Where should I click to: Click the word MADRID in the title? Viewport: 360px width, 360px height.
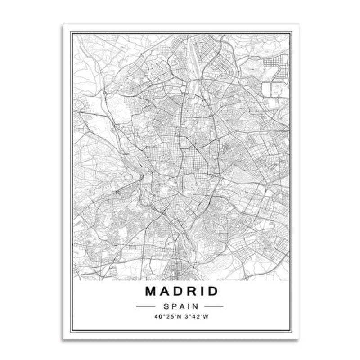click(181, 291)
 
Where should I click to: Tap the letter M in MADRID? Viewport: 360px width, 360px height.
click(152, 291)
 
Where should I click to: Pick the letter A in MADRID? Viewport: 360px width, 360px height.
click(166, 291)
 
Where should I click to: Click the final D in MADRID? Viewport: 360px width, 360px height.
click(212, 291)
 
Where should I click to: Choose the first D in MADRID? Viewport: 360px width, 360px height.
click(180, 291)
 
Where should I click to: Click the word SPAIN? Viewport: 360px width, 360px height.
click(180, 306)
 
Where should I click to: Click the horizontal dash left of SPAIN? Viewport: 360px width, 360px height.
click(145, 306)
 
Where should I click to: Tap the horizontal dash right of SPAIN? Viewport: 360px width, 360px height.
click(214, 306)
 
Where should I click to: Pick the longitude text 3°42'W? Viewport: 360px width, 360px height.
click(196, 316)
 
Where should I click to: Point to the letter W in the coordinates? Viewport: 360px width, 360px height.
click(207, 316)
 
